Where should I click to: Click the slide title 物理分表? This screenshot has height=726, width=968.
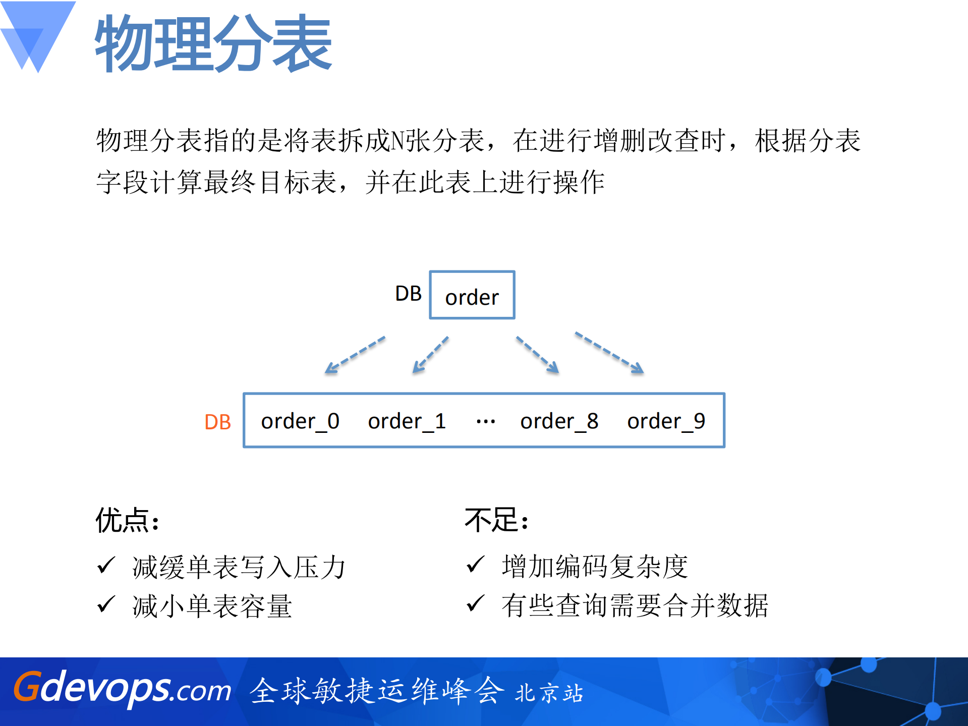(x=213, y=43)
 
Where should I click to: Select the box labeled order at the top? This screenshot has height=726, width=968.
(x=472, y=295)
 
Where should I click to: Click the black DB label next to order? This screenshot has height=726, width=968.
(x=408, y=294)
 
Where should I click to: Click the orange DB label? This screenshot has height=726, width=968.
(x=217, y=422)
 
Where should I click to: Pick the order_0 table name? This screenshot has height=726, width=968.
(x=300, y=421)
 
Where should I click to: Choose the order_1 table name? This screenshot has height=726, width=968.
(x=407, y=421)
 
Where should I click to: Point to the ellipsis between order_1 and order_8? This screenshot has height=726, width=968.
(x=485, y=421)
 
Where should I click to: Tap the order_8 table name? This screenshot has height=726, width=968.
(x=559, y=421)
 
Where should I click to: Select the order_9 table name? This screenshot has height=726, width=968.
(x=666, y=421)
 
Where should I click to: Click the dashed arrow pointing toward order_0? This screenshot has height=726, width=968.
(x=355, y=355)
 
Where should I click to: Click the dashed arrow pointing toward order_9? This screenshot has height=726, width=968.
(x=609, y=352)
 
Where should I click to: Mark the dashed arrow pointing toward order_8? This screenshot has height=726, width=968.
(x=537, y=355)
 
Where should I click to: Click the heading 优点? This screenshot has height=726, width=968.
(x=128, y=521)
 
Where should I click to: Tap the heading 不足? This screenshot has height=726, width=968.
(x=496, y=521)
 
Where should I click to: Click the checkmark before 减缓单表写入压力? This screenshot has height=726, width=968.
(x=106, y=565)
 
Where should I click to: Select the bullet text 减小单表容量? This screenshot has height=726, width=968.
(x=212, y=606)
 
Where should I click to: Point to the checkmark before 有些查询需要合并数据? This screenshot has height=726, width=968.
(x=475, y=604)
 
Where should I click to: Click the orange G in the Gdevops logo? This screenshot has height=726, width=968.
(x=26, y=687)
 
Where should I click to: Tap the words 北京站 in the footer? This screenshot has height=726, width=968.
(x=549, y=693)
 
